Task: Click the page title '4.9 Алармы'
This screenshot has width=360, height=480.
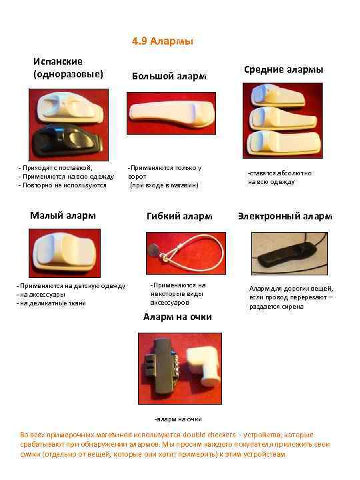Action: click(163, 41)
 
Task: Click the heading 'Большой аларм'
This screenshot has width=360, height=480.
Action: click(169, 76)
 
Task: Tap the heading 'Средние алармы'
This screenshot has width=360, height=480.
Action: click(283, 69)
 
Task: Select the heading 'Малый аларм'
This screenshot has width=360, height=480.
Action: click(63, 215)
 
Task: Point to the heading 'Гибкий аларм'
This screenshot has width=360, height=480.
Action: click(179, 216)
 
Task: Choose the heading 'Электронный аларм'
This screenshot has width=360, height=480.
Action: click(285, 216)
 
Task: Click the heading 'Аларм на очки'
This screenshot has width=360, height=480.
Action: click(177, 317)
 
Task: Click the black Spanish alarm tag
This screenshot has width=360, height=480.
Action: click(67, 141)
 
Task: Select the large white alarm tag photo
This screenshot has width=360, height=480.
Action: click(171, 113)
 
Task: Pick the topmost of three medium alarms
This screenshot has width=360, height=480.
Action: click(277, 95)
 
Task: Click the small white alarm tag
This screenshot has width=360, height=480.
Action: click(65, 253)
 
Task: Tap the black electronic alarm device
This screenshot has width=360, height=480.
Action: click(286, 254)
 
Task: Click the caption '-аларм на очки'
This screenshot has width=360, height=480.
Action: click(178, 419)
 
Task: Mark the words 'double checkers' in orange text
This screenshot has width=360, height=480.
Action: click(209, 435)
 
